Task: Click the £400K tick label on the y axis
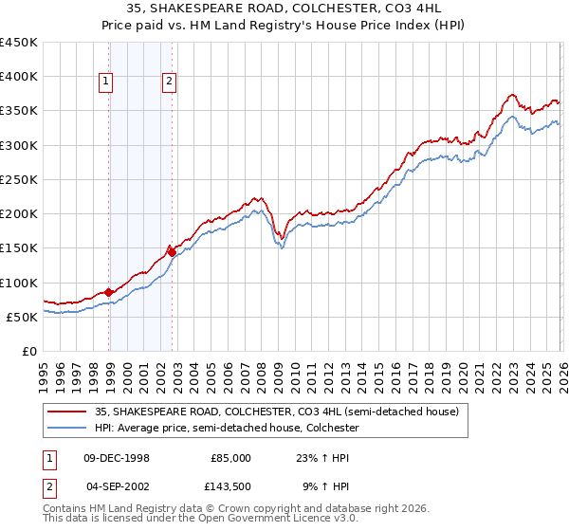[x=19, y=77]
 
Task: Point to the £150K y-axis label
[x=19, y=248]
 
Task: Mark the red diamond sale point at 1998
[x=109, y=292]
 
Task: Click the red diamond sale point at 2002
[x=172, y=252]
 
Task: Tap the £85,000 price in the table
[x=230, y=457]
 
